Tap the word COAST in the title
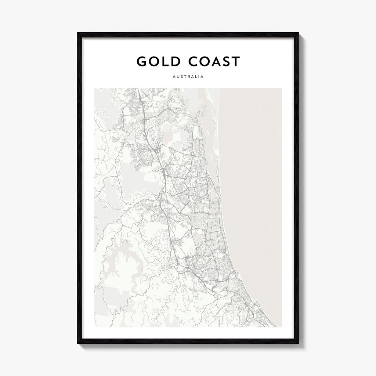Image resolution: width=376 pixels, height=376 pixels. tap(214, 62)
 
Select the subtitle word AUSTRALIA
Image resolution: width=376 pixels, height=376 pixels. tap(188, 77)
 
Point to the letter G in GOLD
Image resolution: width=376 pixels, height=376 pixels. tap(141, 62)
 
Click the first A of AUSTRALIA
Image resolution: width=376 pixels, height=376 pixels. tap(173, 77)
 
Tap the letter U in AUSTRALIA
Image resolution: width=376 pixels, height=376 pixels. tap(177, 77)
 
